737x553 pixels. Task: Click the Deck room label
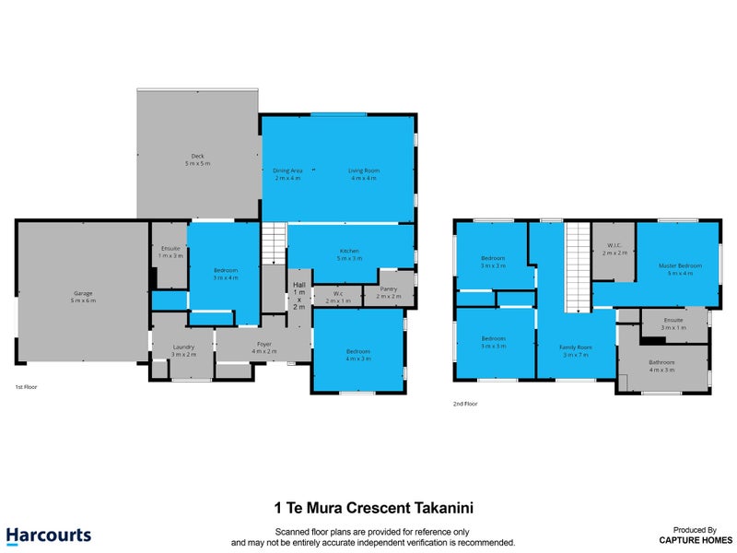(x=198, y=159)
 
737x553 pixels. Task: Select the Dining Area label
(x=287, y=174)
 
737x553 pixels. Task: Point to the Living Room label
(x=363, y=174)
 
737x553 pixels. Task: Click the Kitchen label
(x=349, y=254)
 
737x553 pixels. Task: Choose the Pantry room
(x=389, y=292)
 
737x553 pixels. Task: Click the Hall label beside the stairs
(x=299, y=296)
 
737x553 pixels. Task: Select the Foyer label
(x=264, y=347)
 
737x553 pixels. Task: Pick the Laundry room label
(x=183, y=350)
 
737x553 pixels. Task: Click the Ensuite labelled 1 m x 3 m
(x=170, y=252)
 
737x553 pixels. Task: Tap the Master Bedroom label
(x=680, y=269)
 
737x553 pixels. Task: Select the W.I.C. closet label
(x=614, y=249)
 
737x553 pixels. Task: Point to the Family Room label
(x=576, y=350)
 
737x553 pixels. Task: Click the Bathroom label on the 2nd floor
(x=661, y=366)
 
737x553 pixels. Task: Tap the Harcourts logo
(x=48, y=535)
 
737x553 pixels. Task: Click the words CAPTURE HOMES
(x=695, y=540)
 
